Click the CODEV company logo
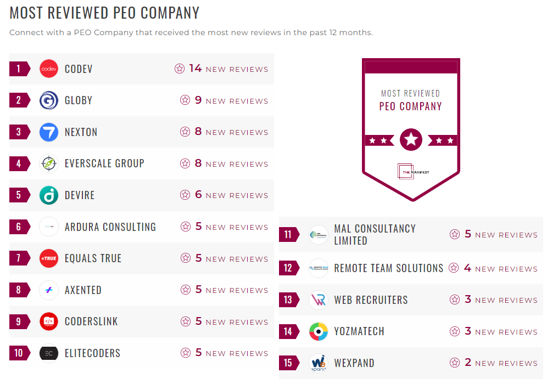tap(49, 69)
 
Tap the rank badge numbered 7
tap(19, 258)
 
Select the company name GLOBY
tap(79, 100)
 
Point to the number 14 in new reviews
tap(196, 69)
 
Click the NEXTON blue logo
tap(49, 132)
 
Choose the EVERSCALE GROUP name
tap(104, 163)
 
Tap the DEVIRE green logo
tap(49, 195)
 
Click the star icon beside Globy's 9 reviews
tap(185, 100)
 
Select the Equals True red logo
tap(49, 258)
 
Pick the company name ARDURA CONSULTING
tap(110, 227)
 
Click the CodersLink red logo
tap(49, 321)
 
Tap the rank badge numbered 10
tap(19, 353)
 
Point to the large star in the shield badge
tap(411, 140)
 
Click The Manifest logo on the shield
tap(411, 172)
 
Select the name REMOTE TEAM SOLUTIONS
tap(389, 268)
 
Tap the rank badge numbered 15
tap(288, 363)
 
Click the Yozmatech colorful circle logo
tap(319, 332)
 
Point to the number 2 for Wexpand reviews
tap(468, 363)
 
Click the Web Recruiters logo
tap(319, 300)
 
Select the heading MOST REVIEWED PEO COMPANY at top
tap(104, 13)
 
